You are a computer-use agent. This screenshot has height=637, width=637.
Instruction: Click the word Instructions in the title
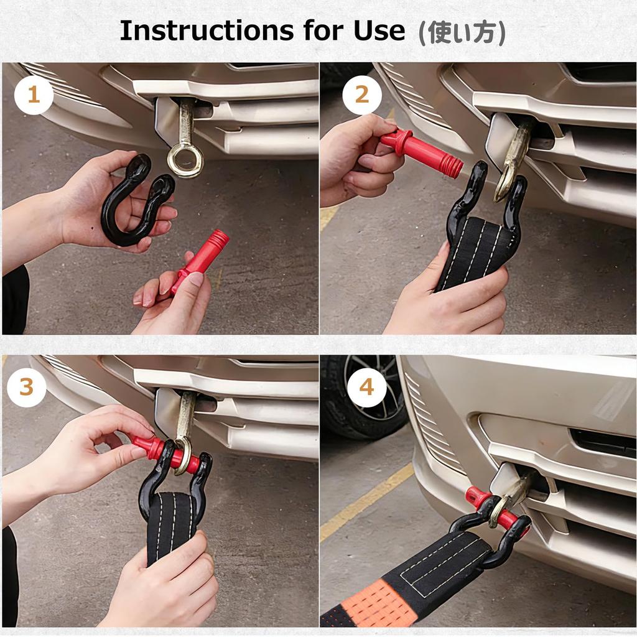tap(207, 30)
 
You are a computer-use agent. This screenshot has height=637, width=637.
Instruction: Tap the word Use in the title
tap(379, 30)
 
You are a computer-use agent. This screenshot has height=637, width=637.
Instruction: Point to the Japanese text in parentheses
tap(462, 32)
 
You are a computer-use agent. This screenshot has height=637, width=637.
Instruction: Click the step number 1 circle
tap(34, 95)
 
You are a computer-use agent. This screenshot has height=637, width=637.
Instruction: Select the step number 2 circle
tap(362, 95)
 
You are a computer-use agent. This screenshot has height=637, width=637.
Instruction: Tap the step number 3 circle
tap(26, 388)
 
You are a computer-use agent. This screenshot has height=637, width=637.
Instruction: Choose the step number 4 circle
tap(366, 388)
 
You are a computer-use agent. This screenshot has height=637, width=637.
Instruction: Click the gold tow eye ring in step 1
tap(185, 160)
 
